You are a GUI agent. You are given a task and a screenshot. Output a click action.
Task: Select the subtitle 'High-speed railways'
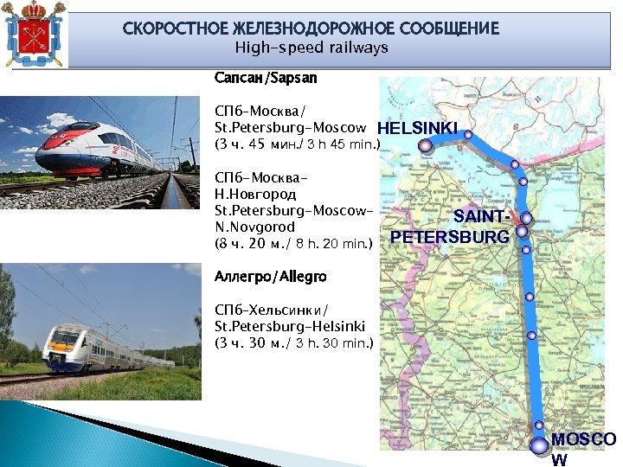coord(311,48)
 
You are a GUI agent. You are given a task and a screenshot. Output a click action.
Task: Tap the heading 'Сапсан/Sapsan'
coord(266,78)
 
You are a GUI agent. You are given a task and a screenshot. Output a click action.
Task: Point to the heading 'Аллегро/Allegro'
coord(271,277)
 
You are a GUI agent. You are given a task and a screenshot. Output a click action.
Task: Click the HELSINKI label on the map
coord(418,128)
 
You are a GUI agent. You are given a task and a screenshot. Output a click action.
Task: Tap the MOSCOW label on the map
coord(582,448)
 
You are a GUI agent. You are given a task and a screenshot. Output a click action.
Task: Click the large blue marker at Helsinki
coord(425,146)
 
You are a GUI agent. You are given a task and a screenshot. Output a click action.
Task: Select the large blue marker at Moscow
coord(538,445)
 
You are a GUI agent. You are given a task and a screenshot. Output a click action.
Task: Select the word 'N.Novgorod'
coord(255,227)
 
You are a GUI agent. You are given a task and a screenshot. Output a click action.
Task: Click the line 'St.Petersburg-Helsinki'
coord(290,326)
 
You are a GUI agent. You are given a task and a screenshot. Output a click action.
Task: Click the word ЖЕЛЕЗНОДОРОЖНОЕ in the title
coord(302,29)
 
